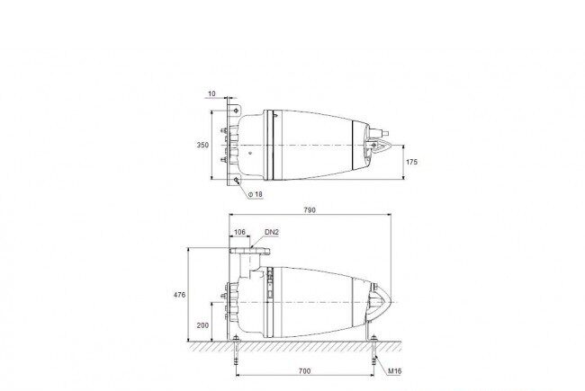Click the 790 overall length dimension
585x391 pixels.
310,209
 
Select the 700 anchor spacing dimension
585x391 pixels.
305,371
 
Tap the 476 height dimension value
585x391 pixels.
179,295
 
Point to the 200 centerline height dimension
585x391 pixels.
203,325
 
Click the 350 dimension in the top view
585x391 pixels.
203,145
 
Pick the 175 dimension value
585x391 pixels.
412,162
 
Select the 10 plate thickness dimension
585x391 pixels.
211,93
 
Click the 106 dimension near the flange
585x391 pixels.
239,232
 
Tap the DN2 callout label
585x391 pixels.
272,232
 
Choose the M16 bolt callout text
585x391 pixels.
395,371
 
